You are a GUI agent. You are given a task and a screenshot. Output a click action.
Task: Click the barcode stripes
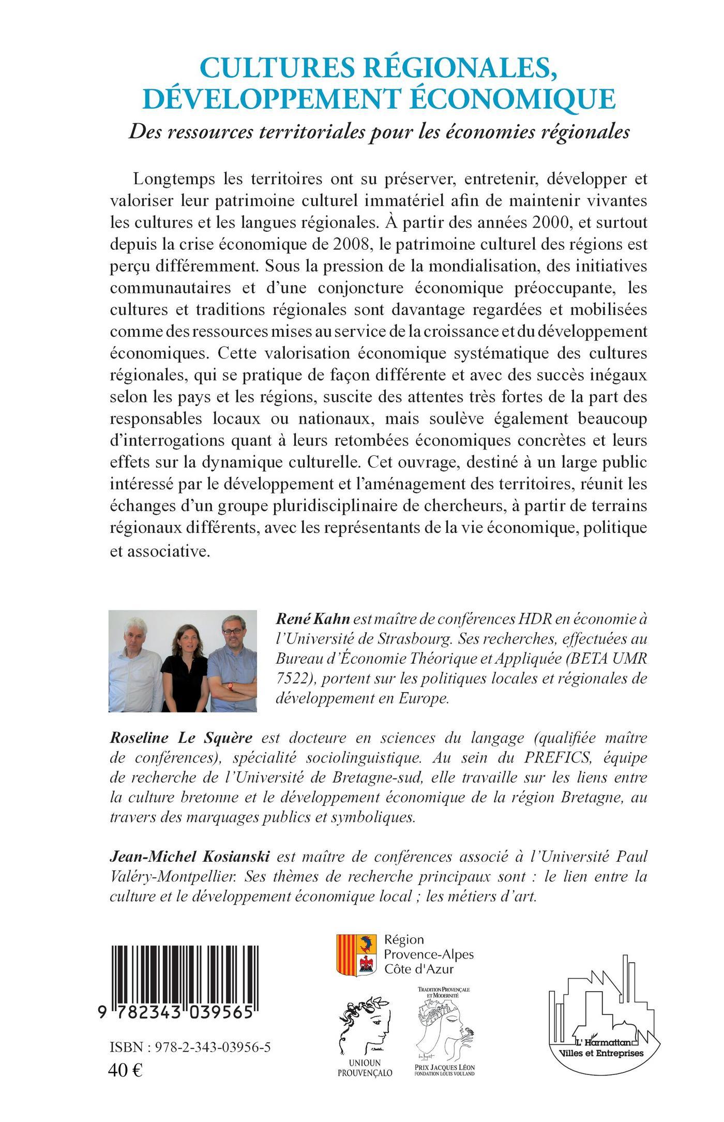click(181, 967)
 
